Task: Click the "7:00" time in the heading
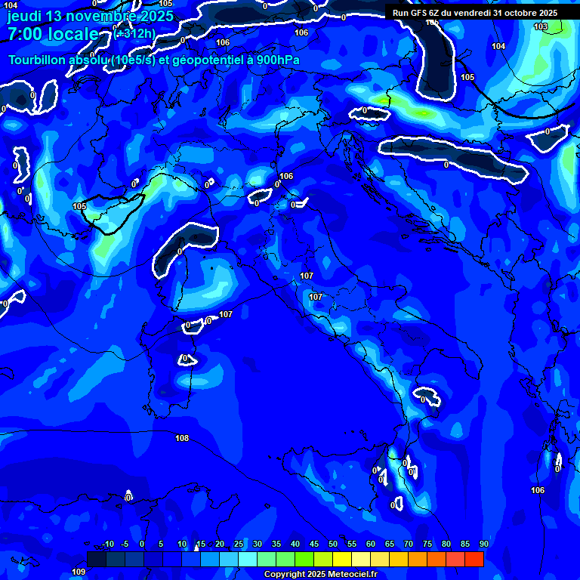tap(25, 34)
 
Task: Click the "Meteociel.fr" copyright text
tap(344, 575)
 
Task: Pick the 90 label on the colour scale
tap(483, 544)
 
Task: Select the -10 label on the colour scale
tap(108, 544)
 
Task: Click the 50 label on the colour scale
tap(333, 544)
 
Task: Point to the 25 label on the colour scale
tap(239, 544)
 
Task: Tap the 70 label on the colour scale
tap(409, 544)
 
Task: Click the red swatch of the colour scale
tap(474, 559)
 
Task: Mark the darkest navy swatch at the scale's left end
tap(97, 559)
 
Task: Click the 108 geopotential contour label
tap(182, 438)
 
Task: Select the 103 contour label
tap(541, 26)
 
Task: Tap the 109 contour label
tap(79, 572)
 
